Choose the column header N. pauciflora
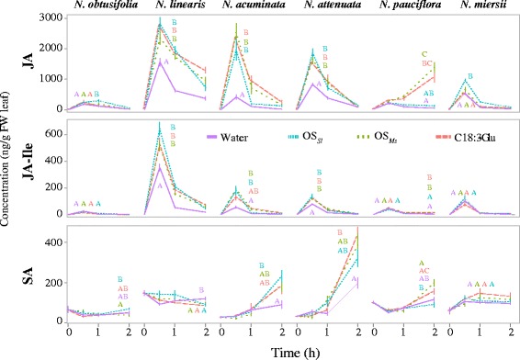coord(401,7)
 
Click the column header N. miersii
coord(473,7)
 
